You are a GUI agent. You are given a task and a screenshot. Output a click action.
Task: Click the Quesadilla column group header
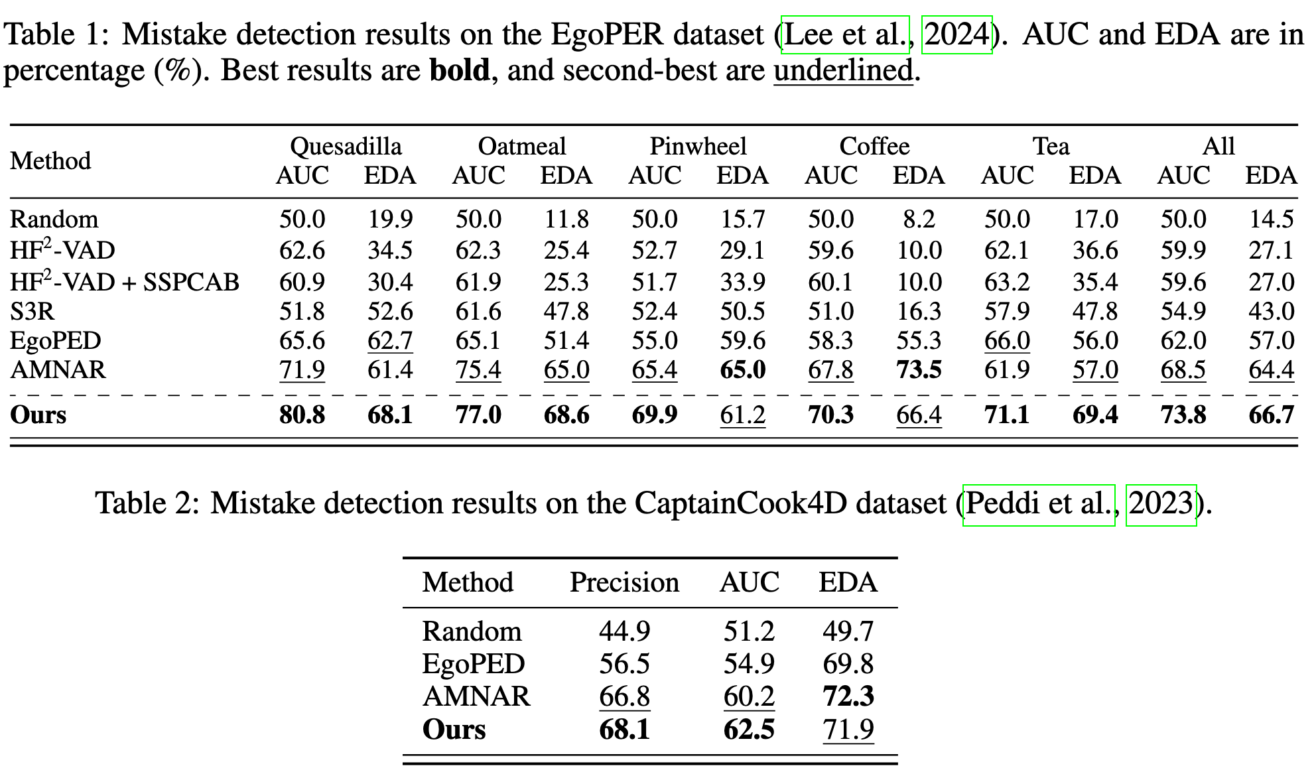pyautogui.click(x=346, y=146)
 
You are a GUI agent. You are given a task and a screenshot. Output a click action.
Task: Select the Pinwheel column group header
pyautogui.click(x=698, y=146)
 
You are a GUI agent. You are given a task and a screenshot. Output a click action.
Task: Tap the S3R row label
pyautogui.click(x=32, y=311)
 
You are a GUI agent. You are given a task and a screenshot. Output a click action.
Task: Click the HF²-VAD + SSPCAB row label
pyautogui.click(x=124, y=282)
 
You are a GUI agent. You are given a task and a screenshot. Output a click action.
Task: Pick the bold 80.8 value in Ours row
pyautogui.click(x=302, y=415)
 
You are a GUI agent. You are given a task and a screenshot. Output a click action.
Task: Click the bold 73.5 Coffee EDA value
pyautogui.click(x=919, y=369)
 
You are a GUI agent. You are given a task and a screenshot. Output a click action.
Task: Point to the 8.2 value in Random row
pyautogui.click(x=919, y=219)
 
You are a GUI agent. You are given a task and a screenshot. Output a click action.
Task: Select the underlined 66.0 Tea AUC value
pyautogui.click(x=1007, y=341)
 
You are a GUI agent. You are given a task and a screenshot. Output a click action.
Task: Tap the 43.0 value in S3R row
pyautogui.click(x=1271, y=311)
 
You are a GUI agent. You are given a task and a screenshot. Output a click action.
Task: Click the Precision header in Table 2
pyautogui.click(x=624, y=582)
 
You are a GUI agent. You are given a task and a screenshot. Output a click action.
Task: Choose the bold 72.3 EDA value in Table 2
pyautogui.click(x=848, y=696)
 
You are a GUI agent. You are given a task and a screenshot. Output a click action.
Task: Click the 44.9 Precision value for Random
pyautogui.click(x=624, y=631)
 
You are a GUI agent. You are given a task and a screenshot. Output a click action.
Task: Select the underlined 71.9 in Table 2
pyautogui.click(x=848, y=730)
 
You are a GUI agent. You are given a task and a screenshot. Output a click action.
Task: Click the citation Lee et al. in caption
pyautogui.click(x=844, y=34)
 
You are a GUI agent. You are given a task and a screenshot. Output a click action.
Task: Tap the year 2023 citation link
pyautogui.click(x=1161, y=503)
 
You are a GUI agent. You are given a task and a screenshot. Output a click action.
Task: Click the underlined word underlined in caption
pyautogui.click(x=843, y=70)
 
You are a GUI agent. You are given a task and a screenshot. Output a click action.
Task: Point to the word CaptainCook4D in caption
pyautogui.click(x=740, y=503)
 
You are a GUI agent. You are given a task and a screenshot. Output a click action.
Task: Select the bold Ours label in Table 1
pyautogui.click(x=38, y=415)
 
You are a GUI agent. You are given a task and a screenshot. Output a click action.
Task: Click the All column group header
pyautogui.click(x=1218, y=146)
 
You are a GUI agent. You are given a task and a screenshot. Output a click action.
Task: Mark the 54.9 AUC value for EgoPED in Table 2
pyautogui.click(x=748, y=664)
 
